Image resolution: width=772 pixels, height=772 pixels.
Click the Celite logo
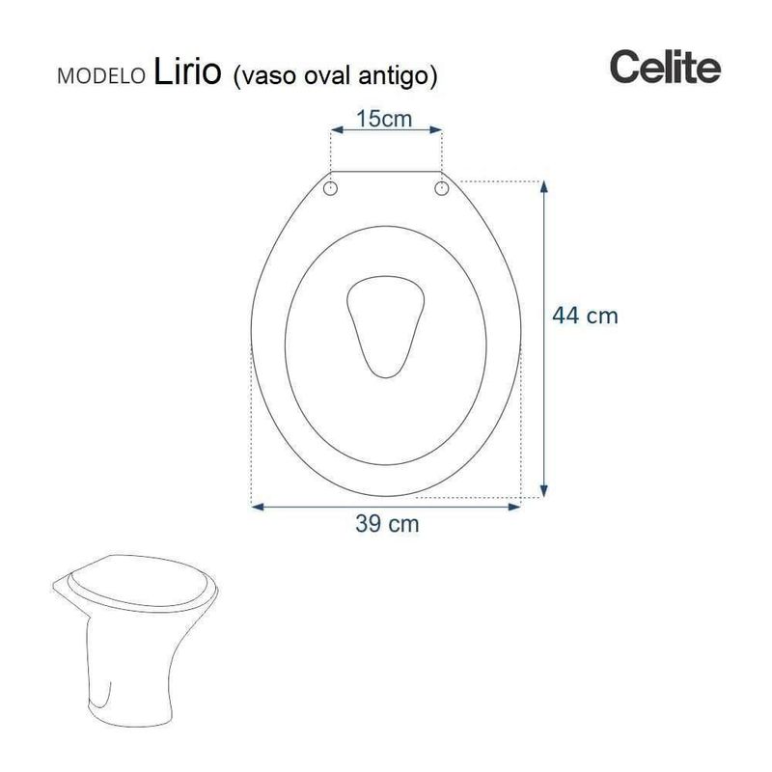[x=665, y=67]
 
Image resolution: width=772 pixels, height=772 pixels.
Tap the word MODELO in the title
[x=101, y=76]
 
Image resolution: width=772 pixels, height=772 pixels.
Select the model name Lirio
[x=187, y=71]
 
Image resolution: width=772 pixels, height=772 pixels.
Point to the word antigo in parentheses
[x=393, y=76]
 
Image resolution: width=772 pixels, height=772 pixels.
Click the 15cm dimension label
[x=384, y=119]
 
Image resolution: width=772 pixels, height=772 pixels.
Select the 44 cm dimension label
[x=585, y=316]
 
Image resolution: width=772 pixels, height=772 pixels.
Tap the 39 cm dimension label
[x=387, y=523]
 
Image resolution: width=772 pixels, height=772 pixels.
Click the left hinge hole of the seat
[x=330, y=188]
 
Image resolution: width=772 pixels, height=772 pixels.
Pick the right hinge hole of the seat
[x=442, y=187]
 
